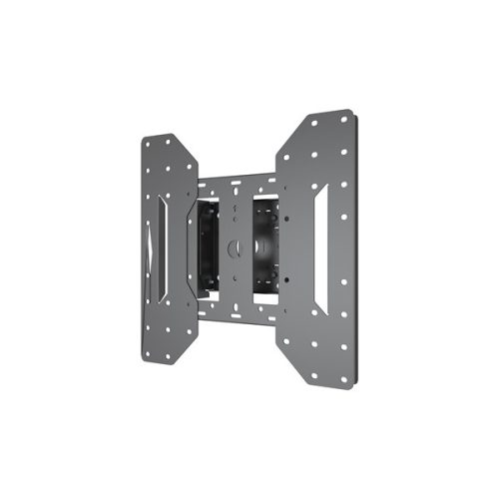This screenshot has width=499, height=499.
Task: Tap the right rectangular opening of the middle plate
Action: tap(266, 244)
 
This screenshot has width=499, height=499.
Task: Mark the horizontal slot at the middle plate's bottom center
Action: tap(237, 307)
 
